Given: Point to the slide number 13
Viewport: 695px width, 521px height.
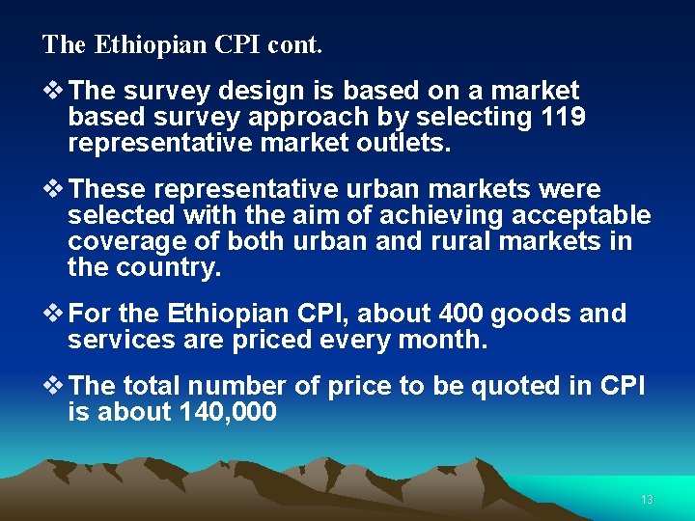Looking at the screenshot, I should [x=647, y=500].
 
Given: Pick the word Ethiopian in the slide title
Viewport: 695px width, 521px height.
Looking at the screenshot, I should [x=133, y=44].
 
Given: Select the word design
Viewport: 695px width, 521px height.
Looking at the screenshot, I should [x=252, y=92].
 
